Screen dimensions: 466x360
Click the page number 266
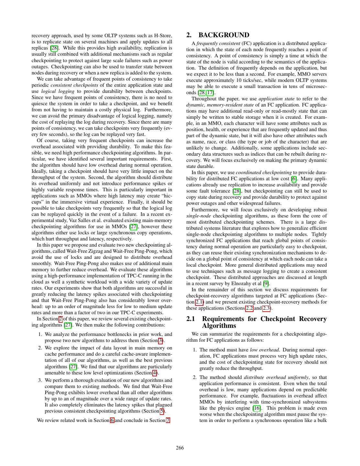click(180, 448)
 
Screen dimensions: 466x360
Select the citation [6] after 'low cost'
click(294, 179)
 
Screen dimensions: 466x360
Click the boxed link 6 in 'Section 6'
click(112, 420)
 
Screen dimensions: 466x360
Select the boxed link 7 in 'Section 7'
click(168, 420)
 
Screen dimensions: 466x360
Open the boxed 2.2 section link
click(249, 308)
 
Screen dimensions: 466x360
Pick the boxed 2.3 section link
click(267, 308)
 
